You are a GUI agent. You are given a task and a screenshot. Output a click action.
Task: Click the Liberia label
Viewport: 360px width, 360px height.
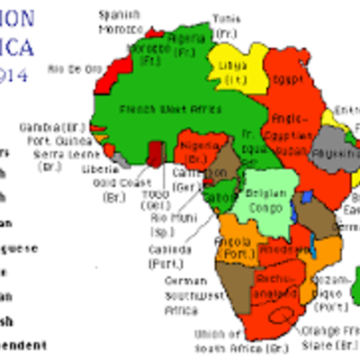click(99, 168)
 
